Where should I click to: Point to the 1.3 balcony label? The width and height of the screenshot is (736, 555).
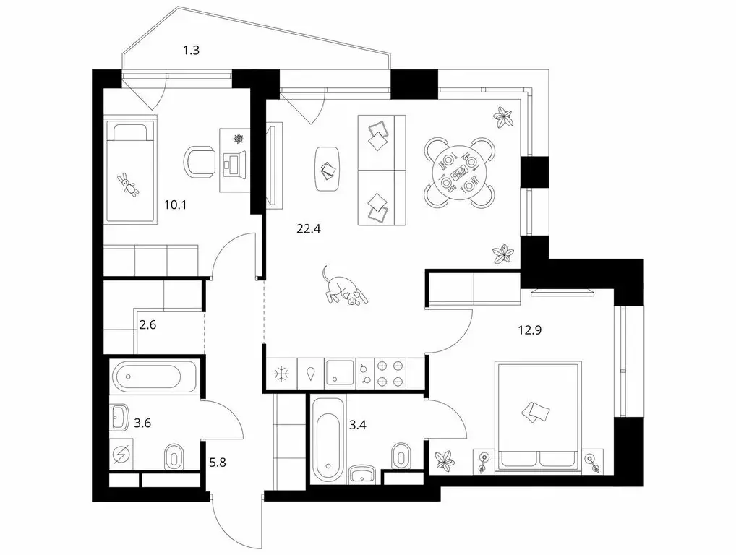191,51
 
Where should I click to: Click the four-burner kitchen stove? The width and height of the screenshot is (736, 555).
391,373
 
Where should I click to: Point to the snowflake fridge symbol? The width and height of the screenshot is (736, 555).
279,374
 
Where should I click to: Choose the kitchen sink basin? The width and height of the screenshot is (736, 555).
337,373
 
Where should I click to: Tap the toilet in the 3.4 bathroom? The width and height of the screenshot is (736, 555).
401,456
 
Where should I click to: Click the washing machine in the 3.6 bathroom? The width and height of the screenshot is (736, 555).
121,457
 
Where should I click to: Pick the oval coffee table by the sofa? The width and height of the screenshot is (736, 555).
328,168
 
